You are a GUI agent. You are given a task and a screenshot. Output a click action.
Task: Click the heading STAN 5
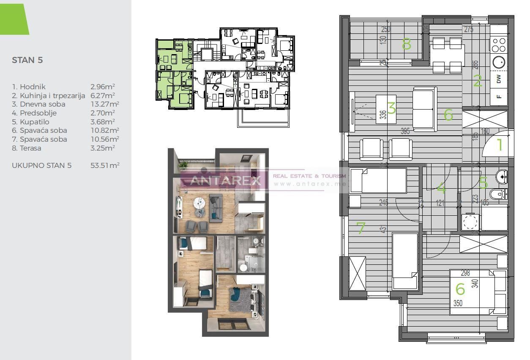click(27, 60)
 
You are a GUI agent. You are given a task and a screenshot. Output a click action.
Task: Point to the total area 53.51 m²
click(105, 165)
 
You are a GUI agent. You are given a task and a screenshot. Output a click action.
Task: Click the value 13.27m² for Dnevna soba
click(104, 104)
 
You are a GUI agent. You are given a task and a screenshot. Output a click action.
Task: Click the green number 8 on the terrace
click(406, 44)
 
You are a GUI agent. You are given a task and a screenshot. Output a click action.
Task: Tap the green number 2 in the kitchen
click(477, 81)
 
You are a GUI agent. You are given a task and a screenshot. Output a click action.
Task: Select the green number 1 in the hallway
click(499, 145)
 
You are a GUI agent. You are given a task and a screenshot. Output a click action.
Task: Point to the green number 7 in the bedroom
click(361, 229)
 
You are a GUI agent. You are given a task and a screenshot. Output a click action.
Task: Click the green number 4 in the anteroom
click(441, 187)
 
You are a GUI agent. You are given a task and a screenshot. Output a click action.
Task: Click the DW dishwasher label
click(499, 79)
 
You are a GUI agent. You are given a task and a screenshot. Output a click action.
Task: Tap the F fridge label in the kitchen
click(499, 96)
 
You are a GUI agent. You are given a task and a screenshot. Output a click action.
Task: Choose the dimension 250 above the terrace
click(385, 30)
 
